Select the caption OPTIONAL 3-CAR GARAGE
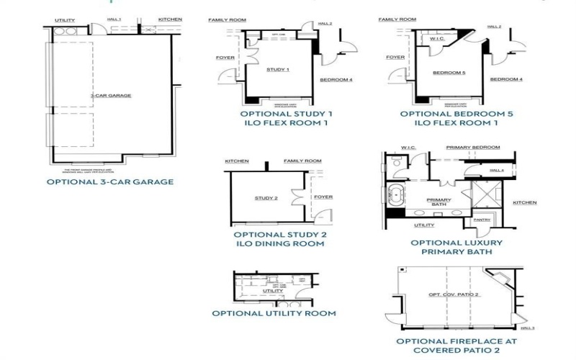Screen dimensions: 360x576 [x=110, y=182]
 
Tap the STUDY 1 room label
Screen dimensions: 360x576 [x=278, y=70]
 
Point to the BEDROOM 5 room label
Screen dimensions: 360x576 [x=449, y=73]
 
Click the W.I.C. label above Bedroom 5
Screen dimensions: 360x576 [x=436, y=39]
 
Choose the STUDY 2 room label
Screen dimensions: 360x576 [x=266, y=197]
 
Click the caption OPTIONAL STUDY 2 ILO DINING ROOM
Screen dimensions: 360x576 [x=280, y=239]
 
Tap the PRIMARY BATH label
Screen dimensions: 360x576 [x=438, y=202]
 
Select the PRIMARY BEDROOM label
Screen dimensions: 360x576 [x=472, y=148]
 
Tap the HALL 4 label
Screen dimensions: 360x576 [x=496, y=170]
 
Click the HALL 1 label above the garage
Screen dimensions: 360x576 [x=114, y=19]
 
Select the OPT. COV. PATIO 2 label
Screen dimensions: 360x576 [x=454, y=294]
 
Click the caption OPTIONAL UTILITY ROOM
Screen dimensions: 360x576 [x=274, y=313]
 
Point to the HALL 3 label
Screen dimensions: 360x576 [x=528, y=328]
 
